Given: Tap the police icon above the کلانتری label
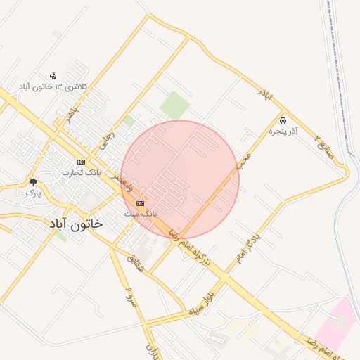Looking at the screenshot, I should (x=53, y=75).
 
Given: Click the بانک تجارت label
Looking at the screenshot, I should (x=82, y=172).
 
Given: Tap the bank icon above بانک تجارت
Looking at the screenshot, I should (x=81, y=161).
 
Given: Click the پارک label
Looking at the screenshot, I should (x=33, y=192).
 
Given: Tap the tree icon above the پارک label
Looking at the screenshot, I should (x=33, y=182).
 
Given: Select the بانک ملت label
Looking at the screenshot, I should (x=141, y=212).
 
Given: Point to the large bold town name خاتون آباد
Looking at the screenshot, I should (x=75, y=224).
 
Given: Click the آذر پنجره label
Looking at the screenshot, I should (x=283, y=131).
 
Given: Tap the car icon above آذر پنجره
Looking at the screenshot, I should (x=283, y=120).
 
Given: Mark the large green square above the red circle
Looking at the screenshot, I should (x=174, y=105).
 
